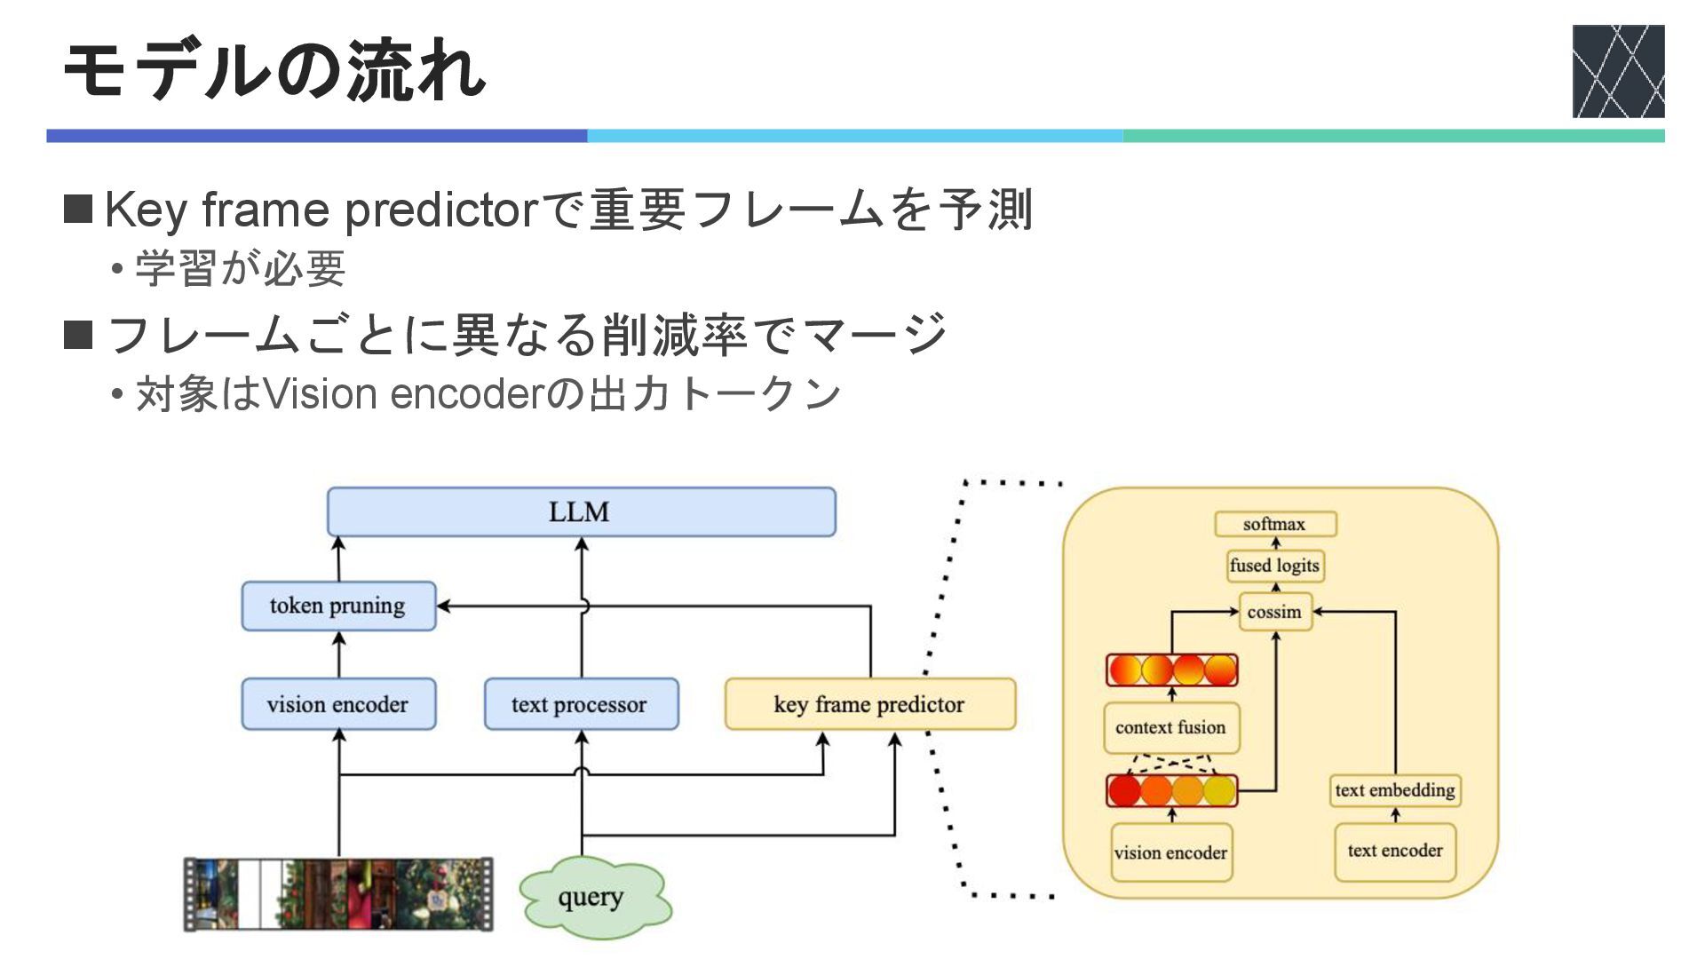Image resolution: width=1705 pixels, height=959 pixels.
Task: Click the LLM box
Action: [x=582, y=512]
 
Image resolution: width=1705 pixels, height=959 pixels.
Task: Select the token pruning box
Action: [x=338, y=606]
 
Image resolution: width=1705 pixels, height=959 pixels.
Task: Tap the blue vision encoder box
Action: [x=338, y=704]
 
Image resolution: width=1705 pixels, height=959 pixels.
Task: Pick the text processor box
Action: [x=581, y=704]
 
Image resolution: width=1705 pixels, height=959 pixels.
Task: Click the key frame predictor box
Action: [x=870, y=704]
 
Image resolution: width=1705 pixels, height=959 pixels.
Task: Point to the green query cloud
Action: [x=593, y=898]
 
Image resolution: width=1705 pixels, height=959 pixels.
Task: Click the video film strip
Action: [x=338, y=894]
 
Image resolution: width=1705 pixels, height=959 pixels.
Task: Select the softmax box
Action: [x=1275, y=524]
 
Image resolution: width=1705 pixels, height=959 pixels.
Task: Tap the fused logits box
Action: [x=1275, y=566]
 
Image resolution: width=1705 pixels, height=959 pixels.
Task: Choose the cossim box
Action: [x=1275, y=612]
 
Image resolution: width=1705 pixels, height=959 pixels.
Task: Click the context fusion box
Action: [x=1171, y=728]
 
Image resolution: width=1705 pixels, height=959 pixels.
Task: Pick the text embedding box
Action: [x=1395, y=790]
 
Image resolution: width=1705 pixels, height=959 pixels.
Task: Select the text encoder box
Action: [x=1395, y=852]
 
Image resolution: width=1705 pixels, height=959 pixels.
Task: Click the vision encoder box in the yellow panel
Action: [x=1171, y=852]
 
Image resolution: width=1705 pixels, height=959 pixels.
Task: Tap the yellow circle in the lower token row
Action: [x=1220, y=790]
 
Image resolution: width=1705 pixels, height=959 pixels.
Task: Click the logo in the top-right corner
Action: [x=1618, y=71]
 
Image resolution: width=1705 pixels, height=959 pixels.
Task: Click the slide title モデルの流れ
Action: [x=274, y=69]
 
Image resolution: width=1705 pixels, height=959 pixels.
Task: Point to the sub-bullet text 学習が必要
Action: [x=240, y=268]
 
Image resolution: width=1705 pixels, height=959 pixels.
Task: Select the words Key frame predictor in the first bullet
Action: [x=321, y=210]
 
